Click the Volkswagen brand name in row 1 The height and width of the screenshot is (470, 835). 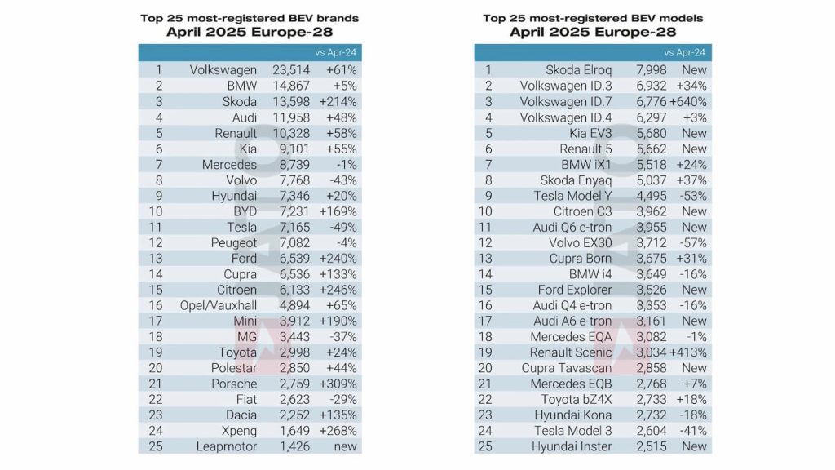(x=223, y=70)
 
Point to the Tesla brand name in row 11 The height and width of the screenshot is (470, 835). (x=241, y=227)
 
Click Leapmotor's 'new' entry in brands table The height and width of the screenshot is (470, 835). (x=343, y=446)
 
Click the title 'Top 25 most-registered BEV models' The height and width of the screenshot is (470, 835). (x=593, y=18)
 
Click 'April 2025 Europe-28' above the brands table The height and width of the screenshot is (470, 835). (x=250, y=33)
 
